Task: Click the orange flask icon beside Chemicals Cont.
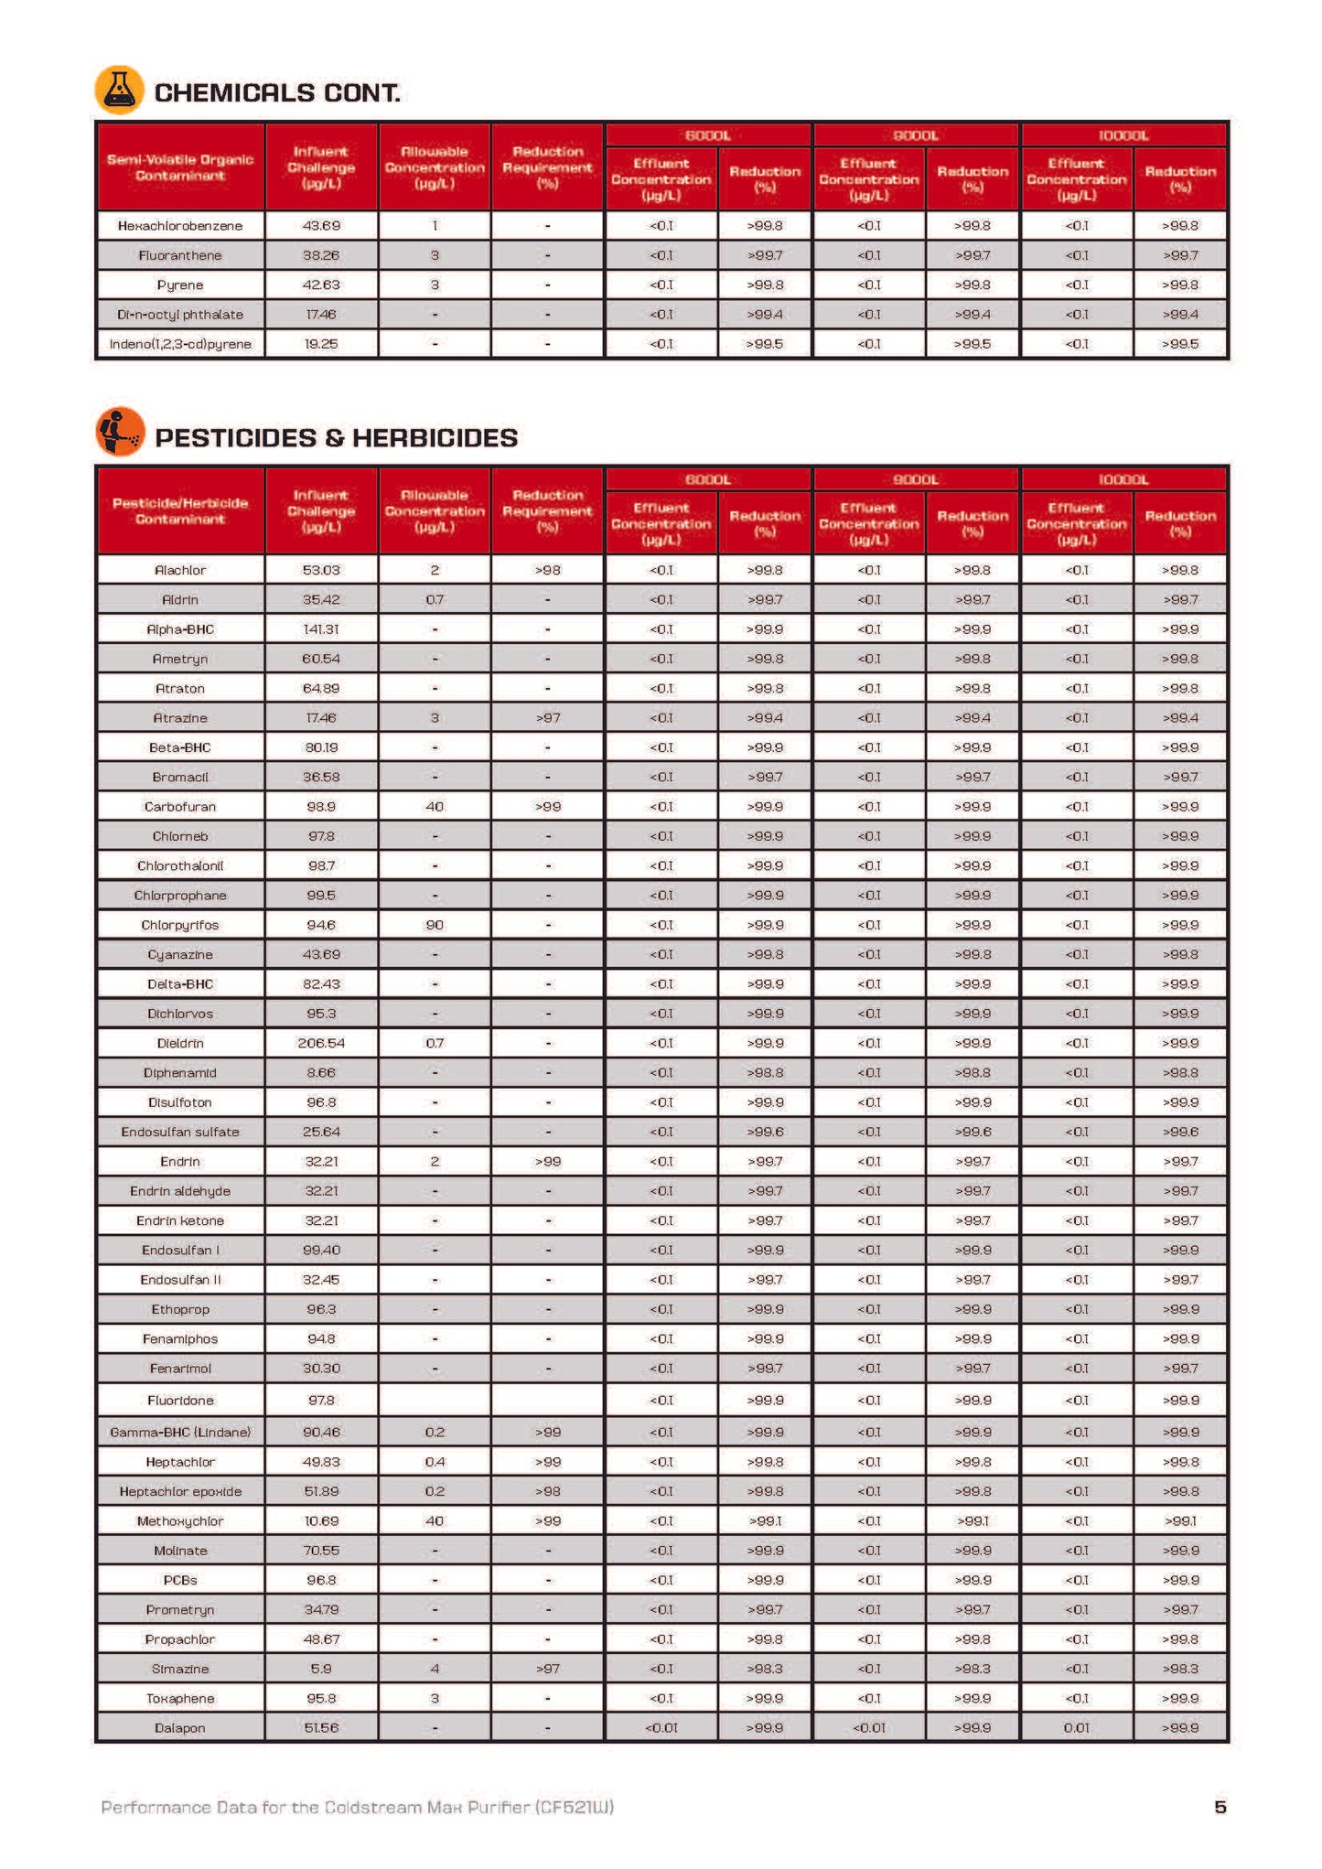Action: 119,90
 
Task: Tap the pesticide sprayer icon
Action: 119,432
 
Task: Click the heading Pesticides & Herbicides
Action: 336,438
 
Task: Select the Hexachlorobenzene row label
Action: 180,226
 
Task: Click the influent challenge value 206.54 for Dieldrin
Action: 320,1043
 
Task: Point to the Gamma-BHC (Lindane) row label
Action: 180,1432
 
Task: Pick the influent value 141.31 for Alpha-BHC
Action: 320,629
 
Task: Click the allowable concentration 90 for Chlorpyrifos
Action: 435,925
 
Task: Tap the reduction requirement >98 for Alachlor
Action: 547,570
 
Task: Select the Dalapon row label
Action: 180,1728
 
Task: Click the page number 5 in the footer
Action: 1220,1807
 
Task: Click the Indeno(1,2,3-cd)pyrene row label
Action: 180,344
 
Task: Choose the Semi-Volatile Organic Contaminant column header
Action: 180,167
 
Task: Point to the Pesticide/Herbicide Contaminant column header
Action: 180,511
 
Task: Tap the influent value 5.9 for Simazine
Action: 320,1669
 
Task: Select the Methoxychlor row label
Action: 180,1520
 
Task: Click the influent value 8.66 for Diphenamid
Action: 320,1072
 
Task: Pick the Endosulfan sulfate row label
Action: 180,1132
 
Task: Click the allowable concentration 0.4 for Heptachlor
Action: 435,1462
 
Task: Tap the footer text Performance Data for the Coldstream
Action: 357,1807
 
